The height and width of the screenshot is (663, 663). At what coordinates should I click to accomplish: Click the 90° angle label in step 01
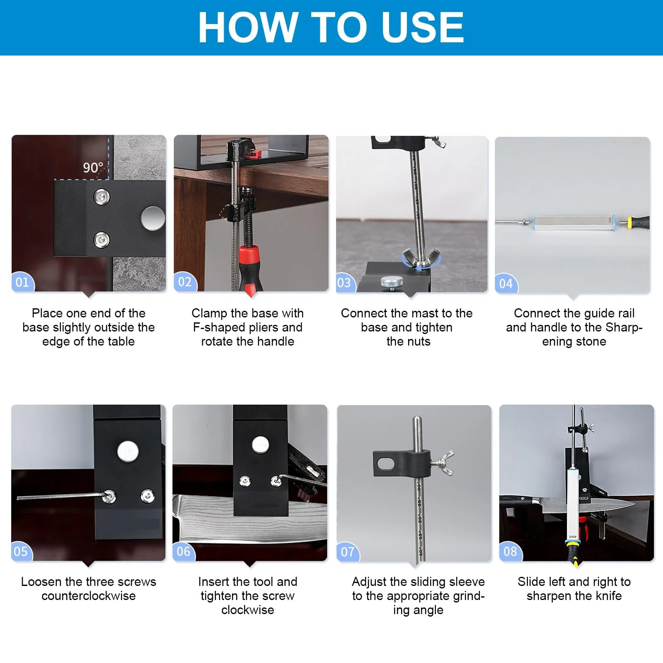(93, 168)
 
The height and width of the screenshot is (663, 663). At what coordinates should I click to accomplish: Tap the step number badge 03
(344, 283)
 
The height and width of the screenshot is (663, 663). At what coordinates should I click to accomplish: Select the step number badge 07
(348, 552)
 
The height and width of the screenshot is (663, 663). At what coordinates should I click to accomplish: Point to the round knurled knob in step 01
(152, 218)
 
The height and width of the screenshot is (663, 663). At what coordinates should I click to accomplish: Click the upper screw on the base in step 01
(101, 196)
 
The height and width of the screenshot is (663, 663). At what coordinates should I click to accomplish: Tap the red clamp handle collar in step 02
(249, 256)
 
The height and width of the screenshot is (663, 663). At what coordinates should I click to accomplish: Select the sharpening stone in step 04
(575, 223)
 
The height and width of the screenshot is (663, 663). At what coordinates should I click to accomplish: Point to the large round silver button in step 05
(128, 451)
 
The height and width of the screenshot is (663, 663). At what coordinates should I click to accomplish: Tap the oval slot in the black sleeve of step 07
(386, 463)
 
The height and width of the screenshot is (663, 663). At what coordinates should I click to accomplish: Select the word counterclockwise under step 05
(89, 596)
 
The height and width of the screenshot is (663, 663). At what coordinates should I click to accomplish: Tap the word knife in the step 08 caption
(609, 596)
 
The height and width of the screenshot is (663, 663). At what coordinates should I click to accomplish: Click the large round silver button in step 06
(260, 445)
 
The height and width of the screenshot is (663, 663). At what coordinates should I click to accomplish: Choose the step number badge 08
(510, 552)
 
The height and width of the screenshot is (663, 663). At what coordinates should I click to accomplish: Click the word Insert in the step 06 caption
(214, 582)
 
